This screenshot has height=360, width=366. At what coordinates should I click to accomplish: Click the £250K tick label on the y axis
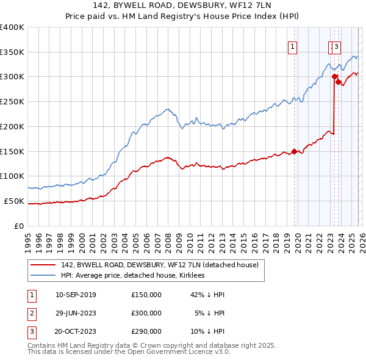coord(12,102)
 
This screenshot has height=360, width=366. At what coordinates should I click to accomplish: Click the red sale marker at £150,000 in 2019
coord(294,151)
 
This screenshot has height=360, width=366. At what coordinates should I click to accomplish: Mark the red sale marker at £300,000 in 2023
coord(334,77)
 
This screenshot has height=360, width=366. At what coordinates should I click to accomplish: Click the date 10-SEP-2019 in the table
coord(75,295)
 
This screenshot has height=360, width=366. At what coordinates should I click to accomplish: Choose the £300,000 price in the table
coord(146,313)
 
